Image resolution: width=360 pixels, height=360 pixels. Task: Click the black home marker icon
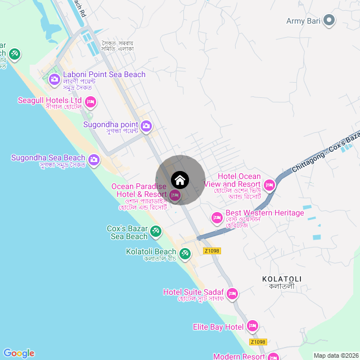(x=180, y=180)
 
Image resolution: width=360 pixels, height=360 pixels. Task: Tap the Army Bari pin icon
(x=329, y=21)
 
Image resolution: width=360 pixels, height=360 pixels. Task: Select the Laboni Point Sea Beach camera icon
(x=55, y=79)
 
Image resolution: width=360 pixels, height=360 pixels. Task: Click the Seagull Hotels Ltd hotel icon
(x=91, y=102)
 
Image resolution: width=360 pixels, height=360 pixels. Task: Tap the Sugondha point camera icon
(x=146, y=126)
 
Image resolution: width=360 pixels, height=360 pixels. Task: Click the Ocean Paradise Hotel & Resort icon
(x=175, y=195)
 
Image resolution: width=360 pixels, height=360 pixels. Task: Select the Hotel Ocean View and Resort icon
(x=269, y=184)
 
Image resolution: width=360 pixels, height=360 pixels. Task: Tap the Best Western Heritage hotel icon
(x=217, y=217)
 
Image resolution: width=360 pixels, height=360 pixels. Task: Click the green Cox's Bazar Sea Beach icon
(x=156, y=231)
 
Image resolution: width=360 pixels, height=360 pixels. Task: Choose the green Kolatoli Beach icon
(x=184, y=254)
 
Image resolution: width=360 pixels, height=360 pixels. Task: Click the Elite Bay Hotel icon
(x=253, y=326)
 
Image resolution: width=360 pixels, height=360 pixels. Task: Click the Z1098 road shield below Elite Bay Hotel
(x=258, y=342)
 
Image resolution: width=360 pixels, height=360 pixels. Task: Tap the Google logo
(x=19, y=353)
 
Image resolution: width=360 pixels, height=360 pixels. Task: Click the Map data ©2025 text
(x=335, y=355)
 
